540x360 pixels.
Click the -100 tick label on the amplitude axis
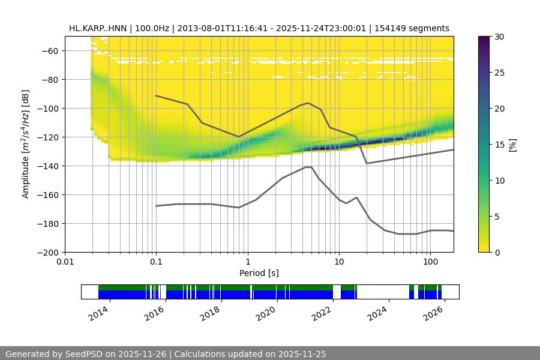(x=50, y=109)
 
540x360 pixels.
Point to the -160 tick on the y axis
(x=50, y=195)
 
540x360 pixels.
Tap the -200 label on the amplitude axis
(x=50, y=253)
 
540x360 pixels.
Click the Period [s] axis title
(x=259, y=273)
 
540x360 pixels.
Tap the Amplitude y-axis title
(x=26, y=145)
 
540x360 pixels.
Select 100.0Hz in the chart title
(x=153, y=28)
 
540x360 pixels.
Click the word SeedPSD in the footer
(x=85, y=354)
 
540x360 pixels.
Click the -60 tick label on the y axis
(x=52, y=51)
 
